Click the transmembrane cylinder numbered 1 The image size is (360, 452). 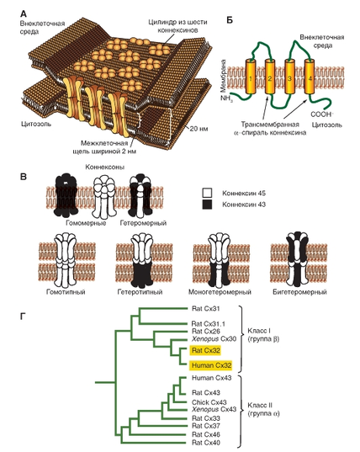[251, 77]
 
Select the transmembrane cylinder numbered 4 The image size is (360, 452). [310, 77]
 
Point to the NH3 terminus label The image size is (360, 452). [227, 98]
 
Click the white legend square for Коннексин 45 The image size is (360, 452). [208, 193]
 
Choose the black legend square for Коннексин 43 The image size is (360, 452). [208, 205]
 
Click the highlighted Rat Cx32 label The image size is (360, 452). [205, 350]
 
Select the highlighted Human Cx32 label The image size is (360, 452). [211, 365]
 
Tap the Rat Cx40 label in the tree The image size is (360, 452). [206, 443]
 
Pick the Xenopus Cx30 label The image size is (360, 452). [214, 338]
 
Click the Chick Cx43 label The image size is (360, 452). [209, 402]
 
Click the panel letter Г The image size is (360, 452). [24, 316]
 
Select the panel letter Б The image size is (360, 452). [230, 20]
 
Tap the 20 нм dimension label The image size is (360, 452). [199, 128]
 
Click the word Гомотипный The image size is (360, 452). [66, 292]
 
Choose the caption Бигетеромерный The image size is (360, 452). [299, 292]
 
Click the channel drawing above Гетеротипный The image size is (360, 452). [141, 260]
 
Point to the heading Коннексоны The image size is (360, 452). [104, 167]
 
